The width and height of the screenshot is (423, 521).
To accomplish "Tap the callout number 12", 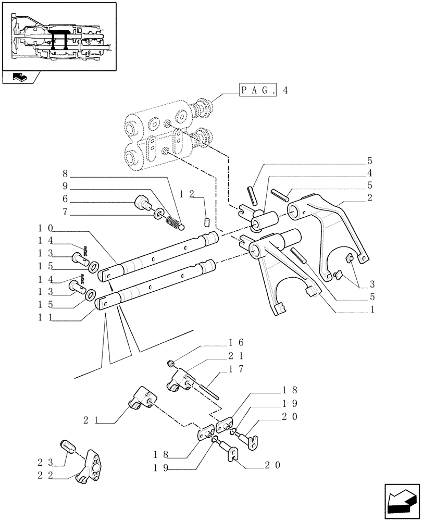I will coord(186,194).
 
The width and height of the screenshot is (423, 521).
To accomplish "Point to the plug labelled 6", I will coord(143,203).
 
